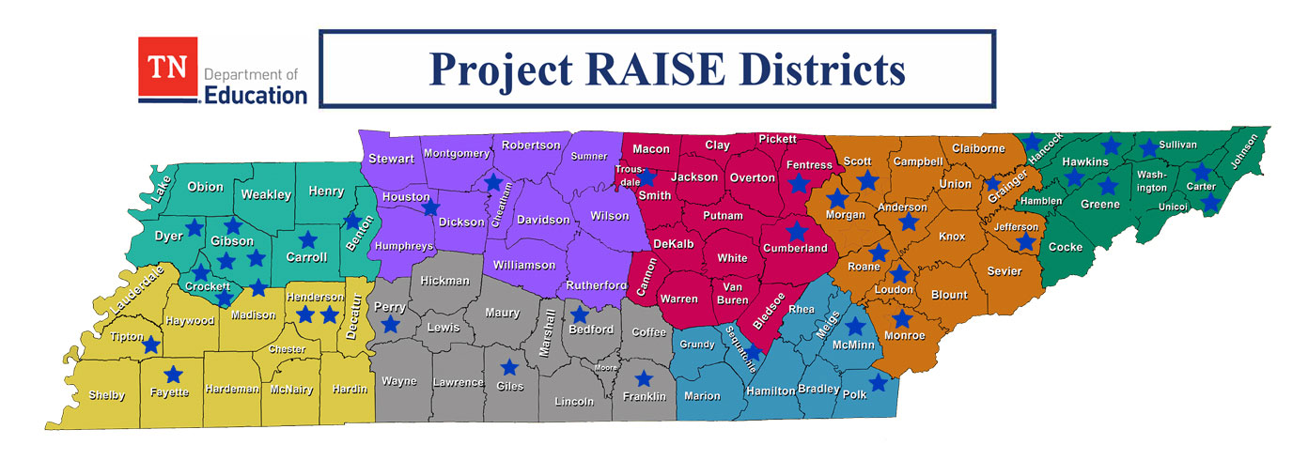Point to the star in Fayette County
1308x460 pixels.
[174, 374]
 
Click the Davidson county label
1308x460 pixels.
[543, 220]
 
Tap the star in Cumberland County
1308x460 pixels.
[797, 230]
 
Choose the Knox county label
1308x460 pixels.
[952, 237]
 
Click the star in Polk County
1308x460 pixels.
[879, 382]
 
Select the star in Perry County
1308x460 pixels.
[390, 324]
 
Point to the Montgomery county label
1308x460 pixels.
[457, 153]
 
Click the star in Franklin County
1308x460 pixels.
[644, 378]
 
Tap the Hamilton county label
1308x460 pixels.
[771, 391]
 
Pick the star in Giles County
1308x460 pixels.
[509, 367]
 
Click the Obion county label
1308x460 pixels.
[205, 187]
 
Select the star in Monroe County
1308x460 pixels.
[902, 318]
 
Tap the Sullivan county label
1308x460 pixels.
[1178, 145]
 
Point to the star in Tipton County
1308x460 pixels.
[150, 344]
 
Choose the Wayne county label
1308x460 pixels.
[398, 381]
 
